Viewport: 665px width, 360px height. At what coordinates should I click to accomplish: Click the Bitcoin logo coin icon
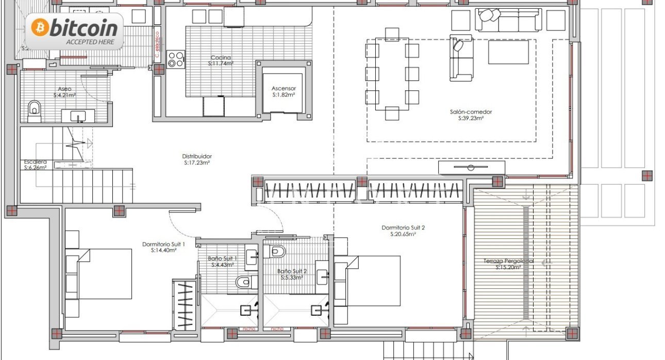point(40,27)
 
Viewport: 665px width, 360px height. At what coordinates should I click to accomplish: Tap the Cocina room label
point(221,58)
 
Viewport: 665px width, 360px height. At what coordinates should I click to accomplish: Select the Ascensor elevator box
point(284,92)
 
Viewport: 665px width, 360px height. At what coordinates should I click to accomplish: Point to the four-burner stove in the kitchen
point(175,59)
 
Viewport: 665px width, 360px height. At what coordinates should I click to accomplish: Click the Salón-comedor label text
point(471,111)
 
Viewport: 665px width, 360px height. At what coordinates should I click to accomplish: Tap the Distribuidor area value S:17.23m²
point(197,163)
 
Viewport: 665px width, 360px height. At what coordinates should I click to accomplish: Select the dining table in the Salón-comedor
point(392,72)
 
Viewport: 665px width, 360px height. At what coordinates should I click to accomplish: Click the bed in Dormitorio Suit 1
point(103,273)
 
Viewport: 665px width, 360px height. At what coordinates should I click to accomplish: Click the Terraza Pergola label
point(508,261)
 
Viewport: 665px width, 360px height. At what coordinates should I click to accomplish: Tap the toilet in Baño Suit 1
point(243,282)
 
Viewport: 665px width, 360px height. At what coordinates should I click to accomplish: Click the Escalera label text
point(35,161)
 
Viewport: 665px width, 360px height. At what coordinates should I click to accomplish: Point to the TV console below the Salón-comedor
point(471,168)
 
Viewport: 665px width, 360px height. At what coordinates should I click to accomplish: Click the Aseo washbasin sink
point(77,116)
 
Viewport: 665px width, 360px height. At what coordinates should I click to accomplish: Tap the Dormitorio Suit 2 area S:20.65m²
point(403,234)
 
